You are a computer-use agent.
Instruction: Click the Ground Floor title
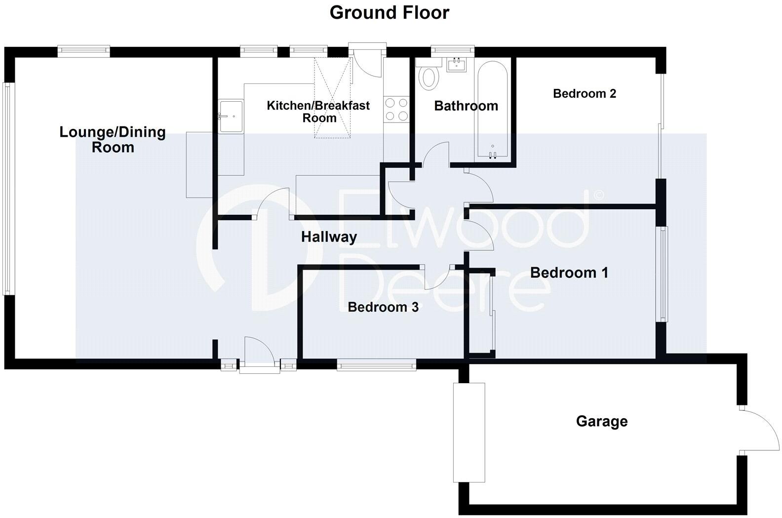pos(389,12)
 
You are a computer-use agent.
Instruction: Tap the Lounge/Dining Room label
pos(113,139)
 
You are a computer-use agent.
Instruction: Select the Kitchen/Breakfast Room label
pos(318,112)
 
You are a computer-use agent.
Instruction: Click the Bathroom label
pos(466,106)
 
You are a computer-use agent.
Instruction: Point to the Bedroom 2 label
pos(585,93)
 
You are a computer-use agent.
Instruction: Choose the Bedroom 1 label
pos(569,273)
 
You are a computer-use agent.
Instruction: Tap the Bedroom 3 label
pos(383,307)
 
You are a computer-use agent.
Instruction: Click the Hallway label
pos(329,237)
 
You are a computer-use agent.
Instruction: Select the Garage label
pos(602,421)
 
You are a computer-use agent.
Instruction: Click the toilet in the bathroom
pos(428,76)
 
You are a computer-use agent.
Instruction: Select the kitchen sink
pos(231,117)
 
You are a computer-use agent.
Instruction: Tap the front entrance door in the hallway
pos(259,352)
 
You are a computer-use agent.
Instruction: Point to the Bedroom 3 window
pos(376,365)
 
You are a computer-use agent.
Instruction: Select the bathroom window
pos(452,49)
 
